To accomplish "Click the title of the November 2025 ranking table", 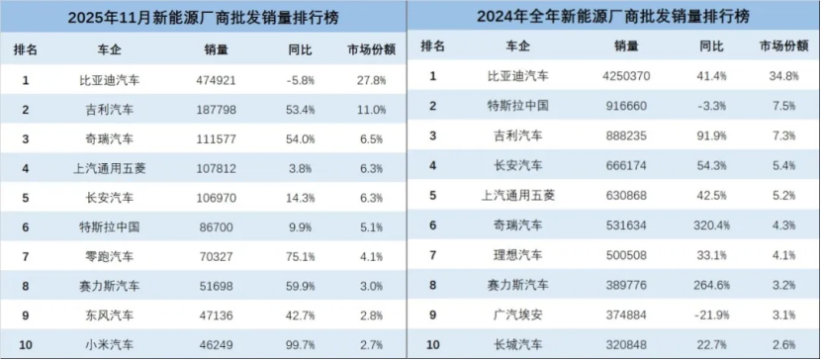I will [x=205, y=18].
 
